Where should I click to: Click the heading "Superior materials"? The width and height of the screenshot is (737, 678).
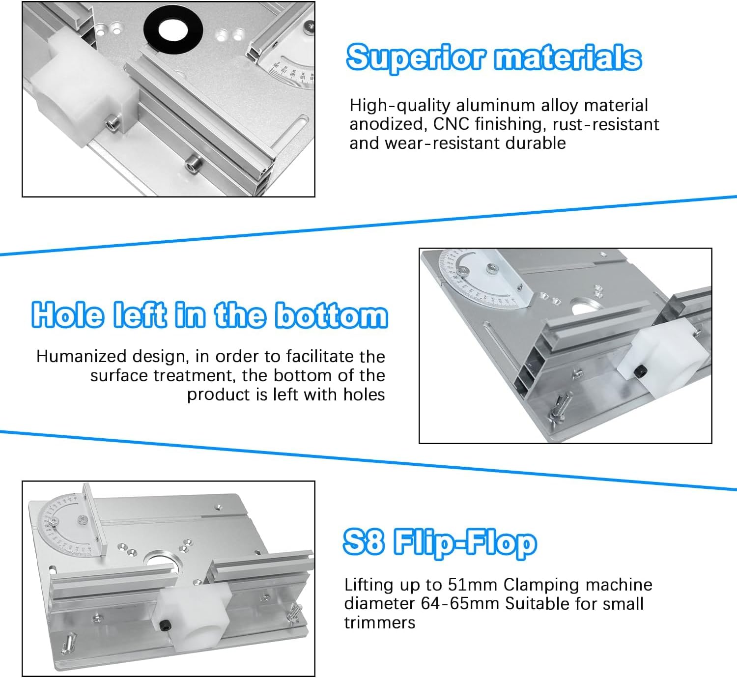(x=494, y=57)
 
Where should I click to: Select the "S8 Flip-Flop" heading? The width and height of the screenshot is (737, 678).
(x=440, y=543)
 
